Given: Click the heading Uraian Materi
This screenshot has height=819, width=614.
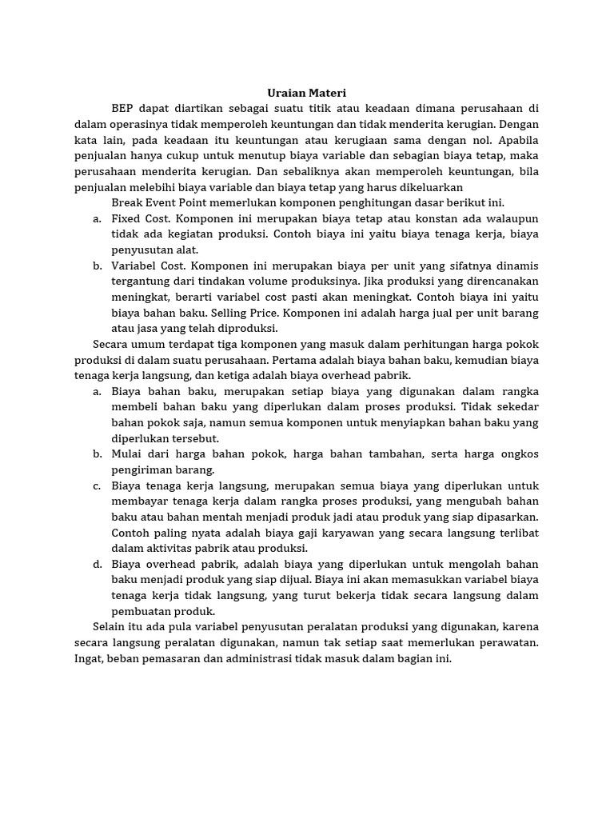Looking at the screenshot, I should (306, 93).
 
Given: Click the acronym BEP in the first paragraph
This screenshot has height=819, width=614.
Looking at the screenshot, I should (122, 108).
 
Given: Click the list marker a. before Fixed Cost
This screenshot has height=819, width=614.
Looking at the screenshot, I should (97, 218).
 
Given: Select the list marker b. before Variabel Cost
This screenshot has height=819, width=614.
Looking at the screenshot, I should (97, 266).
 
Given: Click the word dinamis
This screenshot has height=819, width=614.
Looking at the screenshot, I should (516, 266).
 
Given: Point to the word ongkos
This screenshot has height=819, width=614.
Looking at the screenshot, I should (519, 453).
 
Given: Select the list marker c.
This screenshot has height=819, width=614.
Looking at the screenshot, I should (97, 485).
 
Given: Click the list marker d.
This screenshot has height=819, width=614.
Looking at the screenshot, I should (97, 564).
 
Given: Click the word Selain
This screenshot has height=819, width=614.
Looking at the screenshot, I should (110, 627).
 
